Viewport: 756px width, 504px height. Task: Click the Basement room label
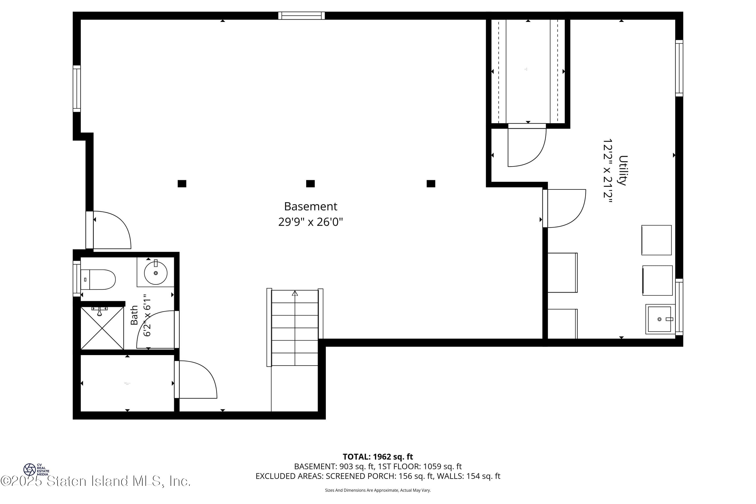coord(310,206)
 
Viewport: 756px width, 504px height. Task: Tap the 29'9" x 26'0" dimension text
coord(310,222)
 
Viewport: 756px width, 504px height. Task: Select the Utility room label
coord(623,170)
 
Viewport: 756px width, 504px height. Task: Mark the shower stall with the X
coord(102,328)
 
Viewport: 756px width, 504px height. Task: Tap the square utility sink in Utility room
coord(659,319)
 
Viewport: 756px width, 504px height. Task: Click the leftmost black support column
coord(182,183)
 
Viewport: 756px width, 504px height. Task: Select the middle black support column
coord(310,183)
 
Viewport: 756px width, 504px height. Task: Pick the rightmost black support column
coord(431,183)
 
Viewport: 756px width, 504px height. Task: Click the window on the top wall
coord(301,15)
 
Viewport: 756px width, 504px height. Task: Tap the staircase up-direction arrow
coord(295,293)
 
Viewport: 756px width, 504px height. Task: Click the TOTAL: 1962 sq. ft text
coord(378,457)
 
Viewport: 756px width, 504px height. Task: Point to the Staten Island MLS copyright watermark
coord(96,481)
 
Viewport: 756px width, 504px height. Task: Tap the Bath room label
coord(134,315)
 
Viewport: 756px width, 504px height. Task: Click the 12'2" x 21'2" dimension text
coord(608,170)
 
